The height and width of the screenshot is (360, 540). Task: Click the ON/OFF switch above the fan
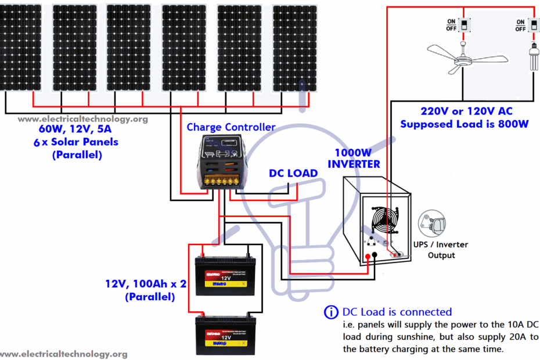464,25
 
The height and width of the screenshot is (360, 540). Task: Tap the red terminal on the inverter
367,255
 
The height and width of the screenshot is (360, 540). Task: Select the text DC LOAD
293,173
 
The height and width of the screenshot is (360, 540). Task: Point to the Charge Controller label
231,127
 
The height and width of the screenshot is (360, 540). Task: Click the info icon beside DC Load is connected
331,312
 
